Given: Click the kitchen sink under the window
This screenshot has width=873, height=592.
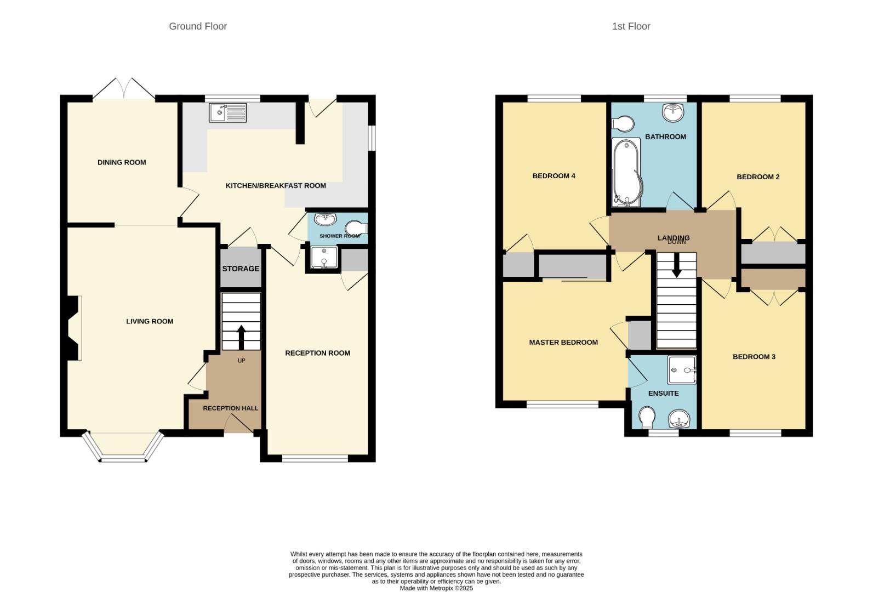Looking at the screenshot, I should pos(227,113).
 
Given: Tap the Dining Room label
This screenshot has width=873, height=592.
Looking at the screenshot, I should pos(122,162).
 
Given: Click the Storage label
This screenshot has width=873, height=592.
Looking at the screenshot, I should pos(241,269).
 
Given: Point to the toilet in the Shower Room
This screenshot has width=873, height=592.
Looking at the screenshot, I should pos(356,227).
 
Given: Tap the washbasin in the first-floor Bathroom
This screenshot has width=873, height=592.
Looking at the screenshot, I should pos(672,112).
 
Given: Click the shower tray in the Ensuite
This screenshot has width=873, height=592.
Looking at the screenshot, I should pos(682,370).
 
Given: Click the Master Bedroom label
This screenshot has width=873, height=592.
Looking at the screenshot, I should pos(563,343).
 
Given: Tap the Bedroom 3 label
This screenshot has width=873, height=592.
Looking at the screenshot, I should pos(754,357).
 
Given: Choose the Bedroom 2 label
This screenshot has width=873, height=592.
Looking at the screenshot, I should pos(758,177).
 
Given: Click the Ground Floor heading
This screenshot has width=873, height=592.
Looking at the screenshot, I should pos(198,26).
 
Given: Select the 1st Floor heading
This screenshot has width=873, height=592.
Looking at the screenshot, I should pos(631,26).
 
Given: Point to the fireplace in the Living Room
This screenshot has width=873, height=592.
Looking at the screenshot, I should pos(73,328).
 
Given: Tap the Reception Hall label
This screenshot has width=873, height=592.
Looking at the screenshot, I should pos(230,408).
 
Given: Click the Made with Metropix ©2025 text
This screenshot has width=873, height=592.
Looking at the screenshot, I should pos(436,588).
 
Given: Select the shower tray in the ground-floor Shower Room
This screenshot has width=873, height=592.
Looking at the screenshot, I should pos(323,258).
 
